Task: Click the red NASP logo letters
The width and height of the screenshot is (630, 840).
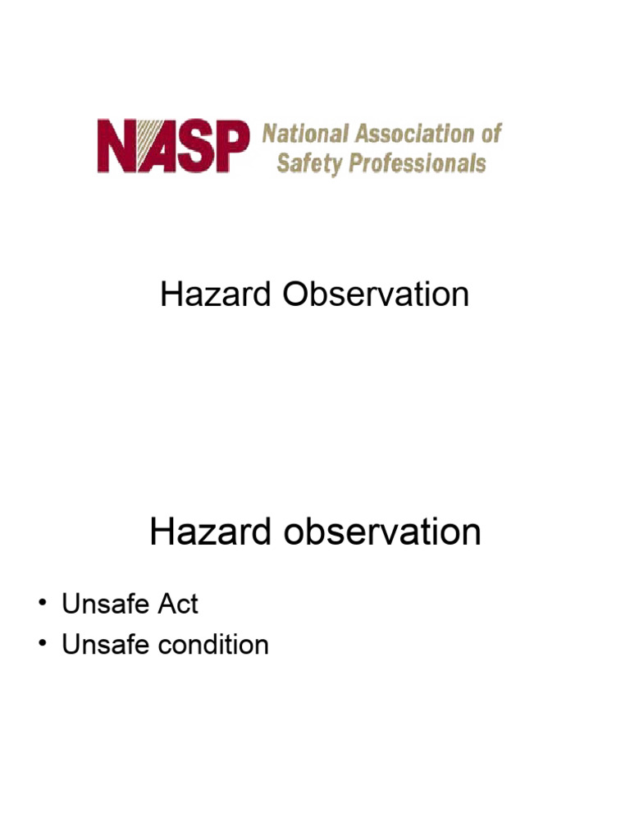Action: point(173,147)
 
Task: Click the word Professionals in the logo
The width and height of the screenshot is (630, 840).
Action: point(418,162)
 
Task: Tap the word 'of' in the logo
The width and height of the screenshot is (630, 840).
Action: point(489,134)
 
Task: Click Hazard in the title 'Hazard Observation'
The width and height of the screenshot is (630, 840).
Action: point(217,294)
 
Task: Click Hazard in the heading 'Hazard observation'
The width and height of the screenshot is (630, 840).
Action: point(211,532)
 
